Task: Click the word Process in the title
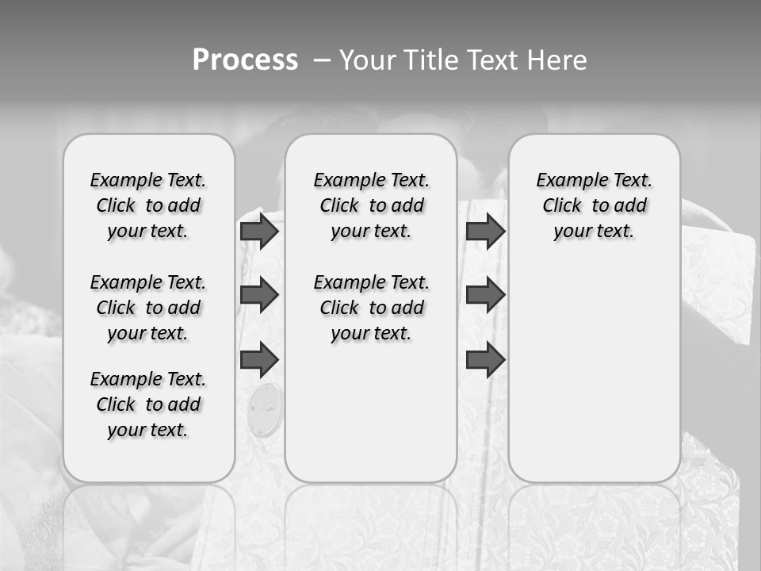click(245, 60)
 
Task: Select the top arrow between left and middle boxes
click(259, 231)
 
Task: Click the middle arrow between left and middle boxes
click(259, 295)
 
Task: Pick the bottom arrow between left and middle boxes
click(259, 360)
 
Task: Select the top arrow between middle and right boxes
click(485, 231)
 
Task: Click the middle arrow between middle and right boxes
click(485, 295)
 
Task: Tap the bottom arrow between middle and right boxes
click(485, 360)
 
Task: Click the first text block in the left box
click(148, 205)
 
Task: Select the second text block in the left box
click(148, 308)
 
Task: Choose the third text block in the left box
click(148, 404)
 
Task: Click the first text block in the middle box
click(371, 205)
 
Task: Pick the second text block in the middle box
click(371, 308)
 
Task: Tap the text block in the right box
click(594, 205)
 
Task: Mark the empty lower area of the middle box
click(371, 412)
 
